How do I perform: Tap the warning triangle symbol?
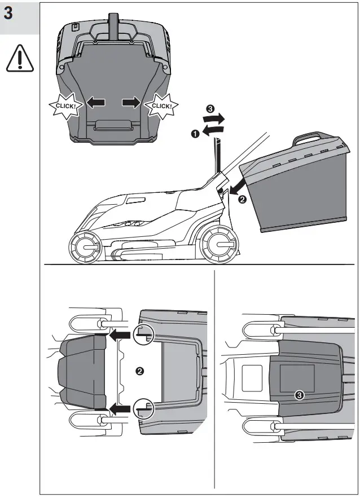tap(20, 59)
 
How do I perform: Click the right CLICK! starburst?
tap(162, 104)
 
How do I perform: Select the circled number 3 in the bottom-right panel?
tap(299, 395)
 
